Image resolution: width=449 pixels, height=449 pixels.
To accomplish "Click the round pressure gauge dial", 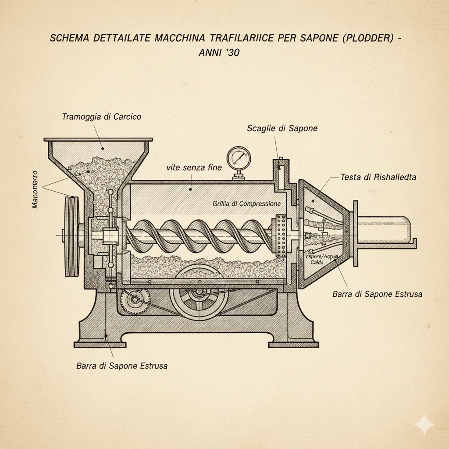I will pyautogui.click(x=238, y=157).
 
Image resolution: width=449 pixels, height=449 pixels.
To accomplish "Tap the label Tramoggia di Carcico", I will pyautogui.click(x=101, y=117).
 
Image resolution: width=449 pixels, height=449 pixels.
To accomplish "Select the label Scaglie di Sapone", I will pyautogui.click(x=282, y=128).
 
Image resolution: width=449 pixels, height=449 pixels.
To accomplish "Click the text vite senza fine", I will pyautogui.click(x=194, y=167).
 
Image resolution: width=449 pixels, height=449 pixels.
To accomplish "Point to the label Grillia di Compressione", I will pyautogui.click(x=246, y=203).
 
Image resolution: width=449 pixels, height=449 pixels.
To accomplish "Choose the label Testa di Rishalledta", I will pyautogui.click(x=378, y=177).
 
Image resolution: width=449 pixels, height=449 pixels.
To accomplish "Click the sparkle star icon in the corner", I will pyautogui.click(x=424, y=424).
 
